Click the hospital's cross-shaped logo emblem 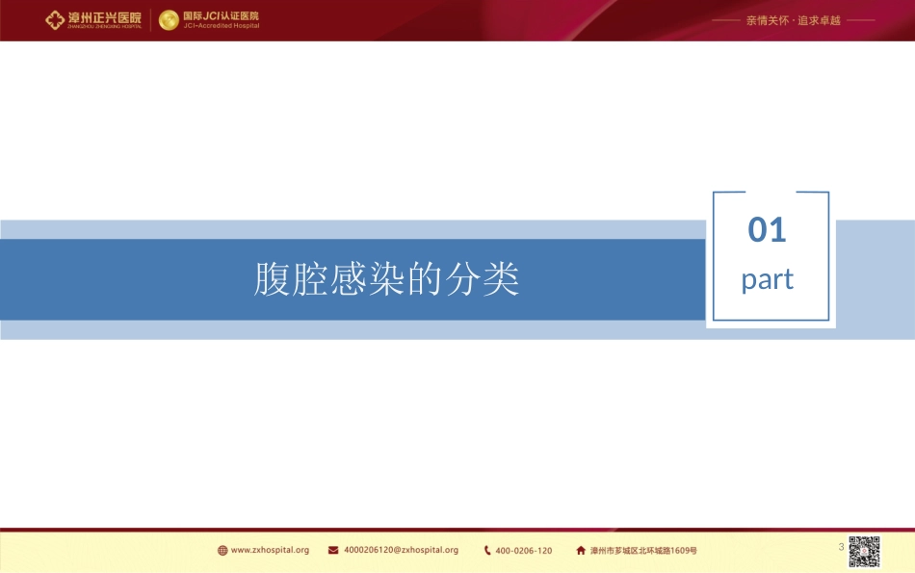point(56,20)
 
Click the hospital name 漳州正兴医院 point(105,16)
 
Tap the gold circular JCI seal point(169,20)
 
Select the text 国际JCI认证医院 point(221,15)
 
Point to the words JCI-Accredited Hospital point(221,26)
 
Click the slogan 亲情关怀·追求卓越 point(793,20)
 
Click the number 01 point(768,230)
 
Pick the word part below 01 point(768,280)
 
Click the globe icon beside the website point(222,551)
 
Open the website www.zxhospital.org point(271,551)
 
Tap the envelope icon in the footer point(333,551)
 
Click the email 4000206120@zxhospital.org point(401,551)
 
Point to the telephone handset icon point(487,551)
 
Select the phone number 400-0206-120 point(524,551)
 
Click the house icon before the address point(581,551)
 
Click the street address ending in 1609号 point(643,551)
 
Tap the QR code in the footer point(864,551)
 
